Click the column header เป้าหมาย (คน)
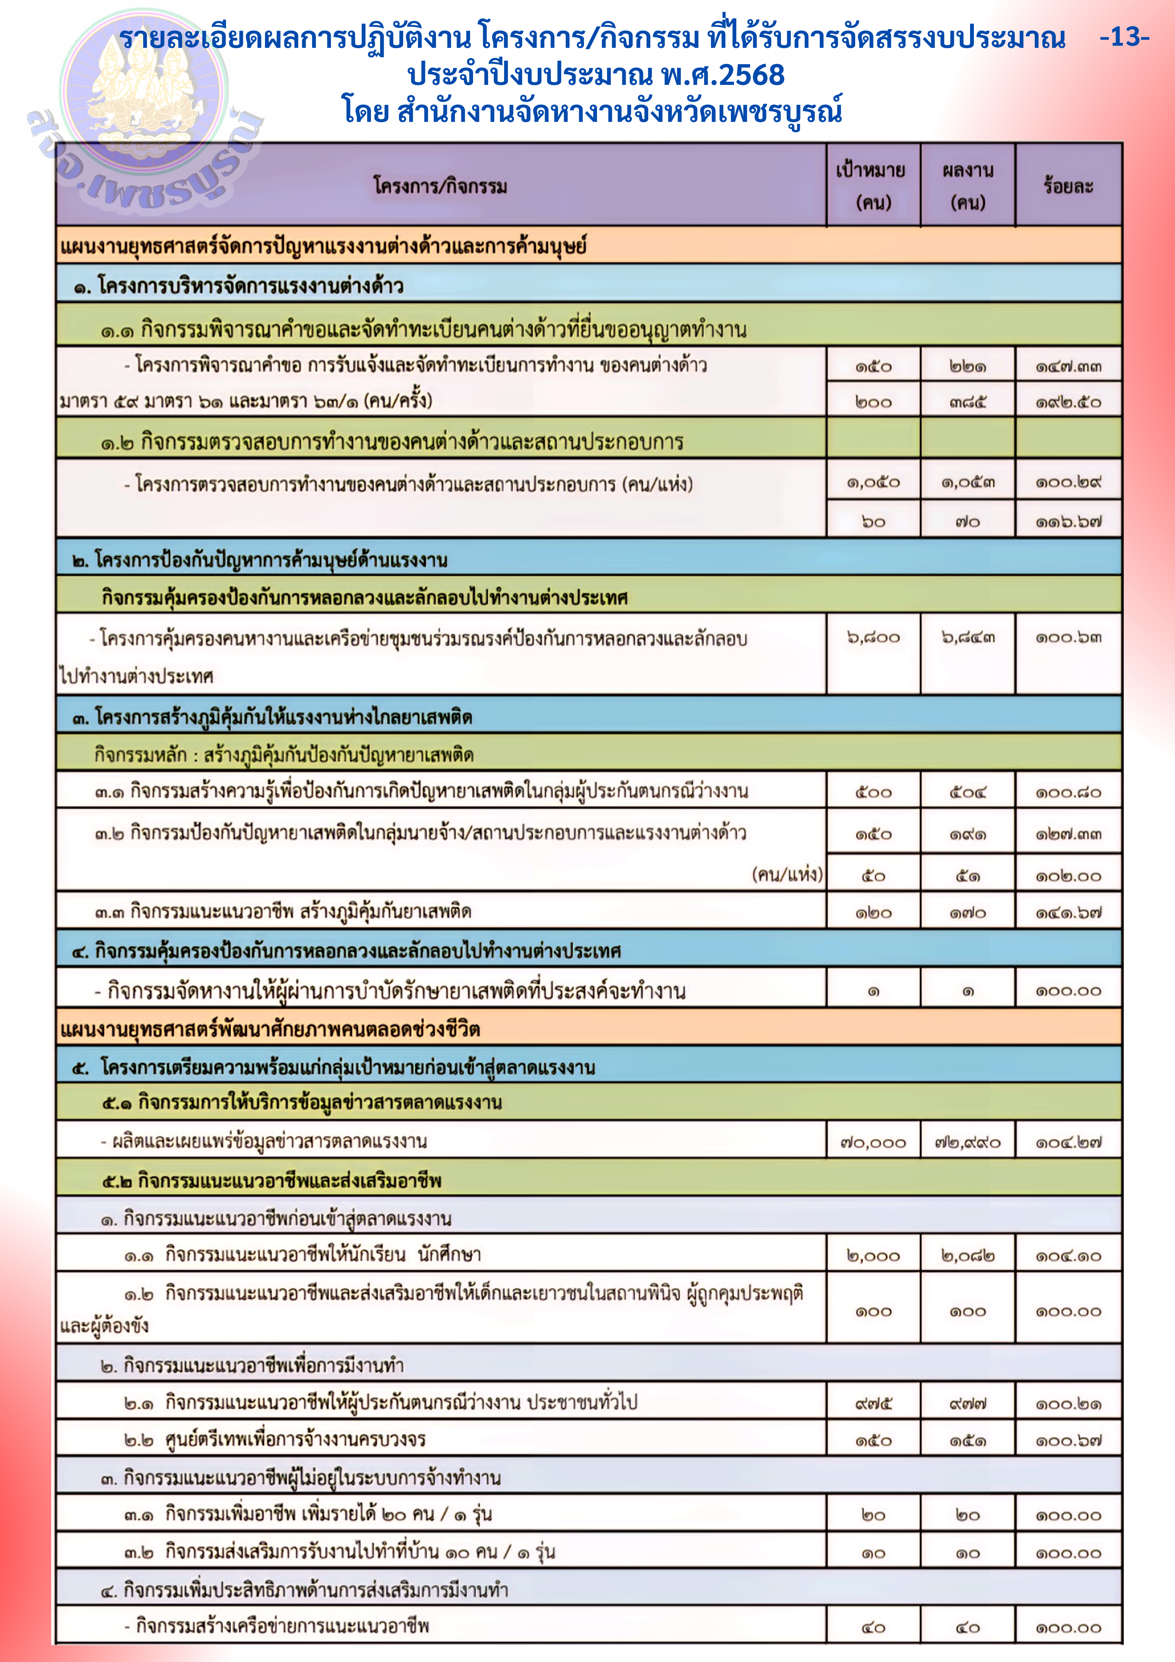pyautogui.click(x=873, y=185)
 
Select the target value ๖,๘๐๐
pyautogui.click(x=873, y=637)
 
